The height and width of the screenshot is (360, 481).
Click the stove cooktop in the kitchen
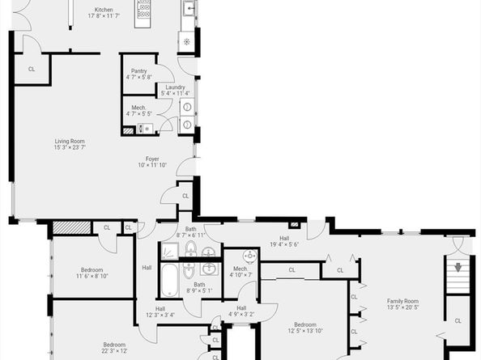[144, 11]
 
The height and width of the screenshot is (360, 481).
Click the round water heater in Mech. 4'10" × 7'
[250, 256]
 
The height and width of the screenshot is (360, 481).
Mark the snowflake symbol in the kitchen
[187, 40]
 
